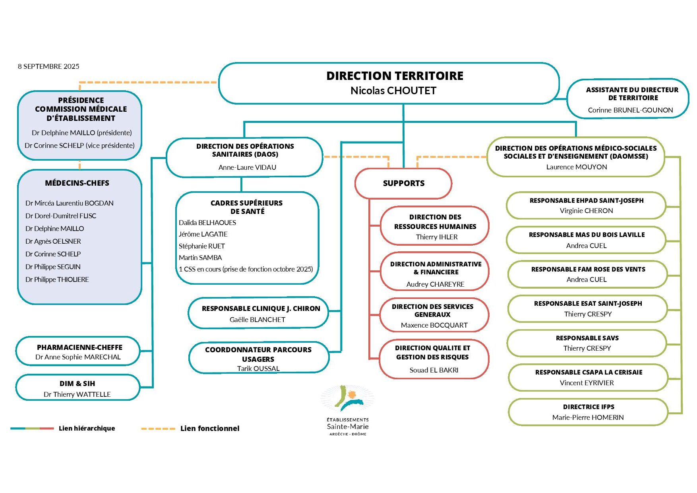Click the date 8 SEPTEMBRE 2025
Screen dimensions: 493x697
point(48,66)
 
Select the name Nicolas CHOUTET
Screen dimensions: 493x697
point(393,91)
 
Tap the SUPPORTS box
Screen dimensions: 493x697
point(403,183)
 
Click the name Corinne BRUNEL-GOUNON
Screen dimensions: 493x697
point(630,110)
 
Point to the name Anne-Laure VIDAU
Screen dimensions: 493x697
point(247,167)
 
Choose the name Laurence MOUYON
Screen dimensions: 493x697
point(576,167)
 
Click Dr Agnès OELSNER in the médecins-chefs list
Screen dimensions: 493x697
point(53,241)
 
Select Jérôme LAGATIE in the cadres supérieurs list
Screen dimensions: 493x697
point(203,234)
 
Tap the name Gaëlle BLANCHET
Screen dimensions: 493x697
point(257,320)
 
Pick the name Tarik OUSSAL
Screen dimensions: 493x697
point(258,369)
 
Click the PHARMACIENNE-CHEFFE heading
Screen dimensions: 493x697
point(79,347)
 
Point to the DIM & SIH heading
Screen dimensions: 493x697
point(77,384)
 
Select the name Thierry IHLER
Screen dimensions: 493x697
point(437,237)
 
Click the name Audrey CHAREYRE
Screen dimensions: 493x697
point(435,284)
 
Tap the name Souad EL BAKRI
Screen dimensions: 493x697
point(434,370)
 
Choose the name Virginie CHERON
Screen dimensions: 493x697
point(586,211)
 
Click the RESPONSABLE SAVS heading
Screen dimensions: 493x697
point(587,338)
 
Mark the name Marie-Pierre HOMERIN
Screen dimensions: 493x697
point(588,417)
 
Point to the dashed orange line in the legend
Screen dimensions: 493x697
point(158,429)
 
